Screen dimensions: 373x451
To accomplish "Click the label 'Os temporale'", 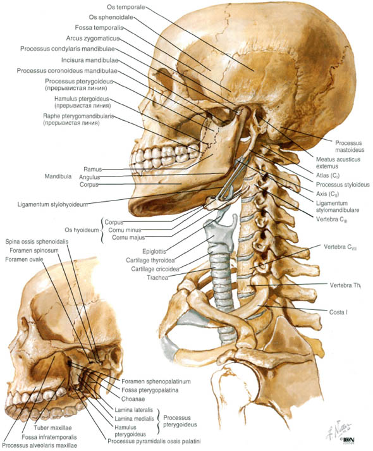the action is tap(126, 6).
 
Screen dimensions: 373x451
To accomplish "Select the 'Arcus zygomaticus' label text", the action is tap(92, 38).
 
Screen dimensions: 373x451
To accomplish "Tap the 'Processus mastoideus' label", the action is tap(350, 146).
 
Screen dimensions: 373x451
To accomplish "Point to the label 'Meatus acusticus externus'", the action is tap(338, 163).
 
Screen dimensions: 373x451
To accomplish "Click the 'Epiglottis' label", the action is tap(154, 251).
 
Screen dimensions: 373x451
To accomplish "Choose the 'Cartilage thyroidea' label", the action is tap(150, 261).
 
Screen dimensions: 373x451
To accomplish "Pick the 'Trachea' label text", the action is tap(157, 278).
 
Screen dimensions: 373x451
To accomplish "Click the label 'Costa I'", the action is tap(338, 312).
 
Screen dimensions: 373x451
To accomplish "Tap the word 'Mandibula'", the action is tap(58, 176).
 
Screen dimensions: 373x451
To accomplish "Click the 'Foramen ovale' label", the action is tap(24, 259).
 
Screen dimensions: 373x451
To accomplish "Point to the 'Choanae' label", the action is tap(133, 399).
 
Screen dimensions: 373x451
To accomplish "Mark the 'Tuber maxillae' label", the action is tap(52, 428).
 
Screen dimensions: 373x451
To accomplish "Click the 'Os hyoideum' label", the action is tap(82, 230).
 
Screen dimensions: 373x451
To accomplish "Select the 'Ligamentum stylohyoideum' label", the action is tap(52, 204).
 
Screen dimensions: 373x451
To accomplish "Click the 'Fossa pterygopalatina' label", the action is tap(150, 390).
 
